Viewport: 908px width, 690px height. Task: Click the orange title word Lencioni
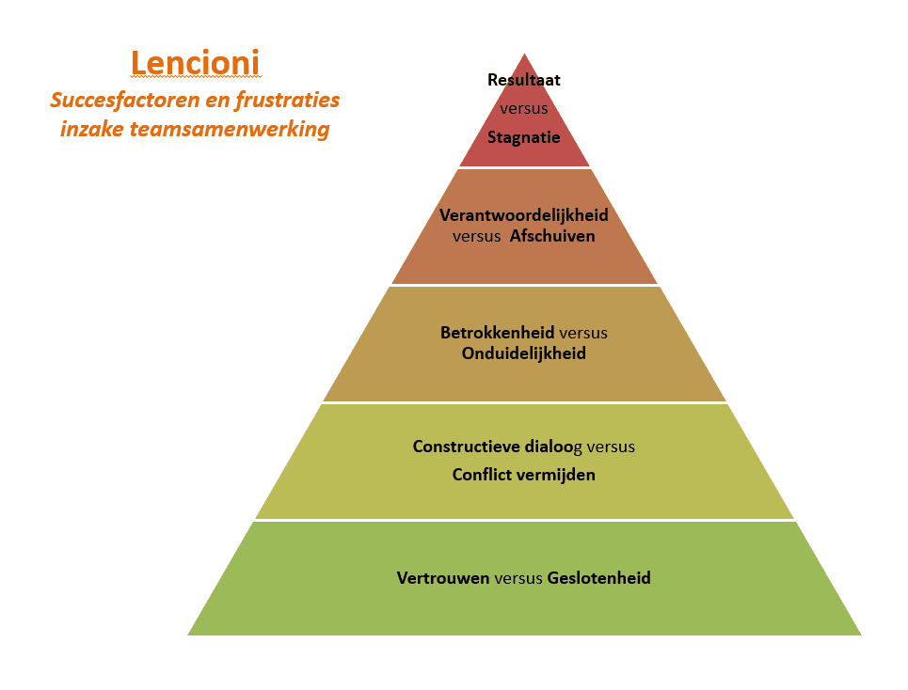pos(196,63)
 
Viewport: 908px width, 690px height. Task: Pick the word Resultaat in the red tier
pos(524,80)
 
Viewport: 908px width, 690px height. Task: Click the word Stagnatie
pos(524,137)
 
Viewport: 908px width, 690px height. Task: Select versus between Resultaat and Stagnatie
pos(524,109)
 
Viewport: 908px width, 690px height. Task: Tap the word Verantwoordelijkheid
pos(524,215)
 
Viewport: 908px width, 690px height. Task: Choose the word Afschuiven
pos(552,236)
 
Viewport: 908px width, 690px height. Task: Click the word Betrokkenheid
pos(498,333)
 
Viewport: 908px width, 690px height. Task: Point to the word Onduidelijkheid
pos(524,353)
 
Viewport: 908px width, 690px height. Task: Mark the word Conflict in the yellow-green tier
pos(482,475)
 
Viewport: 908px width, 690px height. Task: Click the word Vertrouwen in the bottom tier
pos(443,577)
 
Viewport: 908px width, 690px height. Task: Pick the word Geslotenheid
pos(599,577)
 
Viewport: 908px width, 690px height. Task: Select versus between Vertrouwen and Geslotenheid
pos(518,577)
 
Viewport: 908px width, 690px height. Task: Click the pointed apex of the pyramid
pos(524,55)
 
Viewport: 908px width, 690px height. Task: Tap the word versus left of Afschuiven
pos(477,236)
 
